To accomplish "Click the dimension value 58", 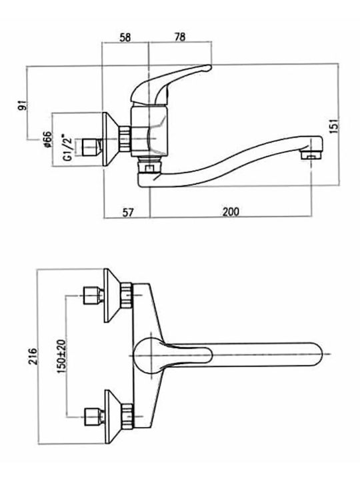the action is coord(125,37).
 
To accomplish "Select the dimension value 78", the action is coord(180,37).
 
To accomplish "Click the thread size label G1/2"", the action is coord(69,147).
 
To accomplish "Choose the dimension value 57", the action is coord(128,212).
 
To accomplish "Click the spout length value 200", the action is coord(231,212).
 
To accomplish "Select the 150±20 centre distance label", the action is coord(61,356).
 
